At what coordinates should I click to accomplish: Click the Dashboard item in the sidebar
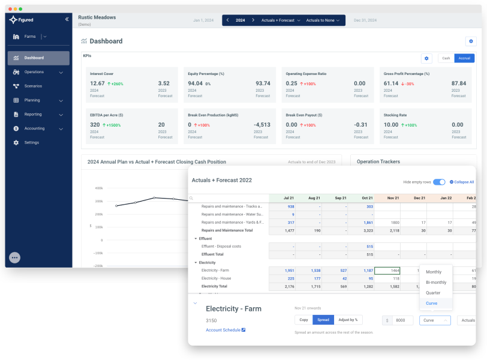(x=34, y=58)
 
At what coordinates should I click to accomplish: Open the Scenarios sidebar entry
(x=33, y=86)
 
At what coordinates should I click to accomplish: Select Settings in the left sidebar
(x=31, y=142)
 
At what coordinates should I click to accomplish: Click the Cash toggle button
(x=446, y=58)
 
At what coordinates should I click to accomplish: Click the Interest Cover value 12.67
(x=97, y=83)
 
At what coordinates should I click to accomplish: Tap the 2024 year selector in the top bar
(x=240, y=20)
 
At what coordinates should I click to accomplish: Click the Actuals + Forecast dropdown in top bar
(x=281, y=20)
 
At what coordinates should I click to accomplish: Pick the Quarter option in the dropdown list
(x=432, y=293)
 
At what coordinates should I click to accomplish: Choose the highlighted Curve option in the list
(x=431, y=304)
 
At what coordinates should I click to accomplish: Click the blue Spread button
(x=323, y=320)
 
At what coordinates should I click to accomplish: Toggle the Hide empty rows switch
(x=439, y=182)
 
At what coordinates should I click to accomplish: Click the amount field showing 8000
(x=402, y=320)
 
